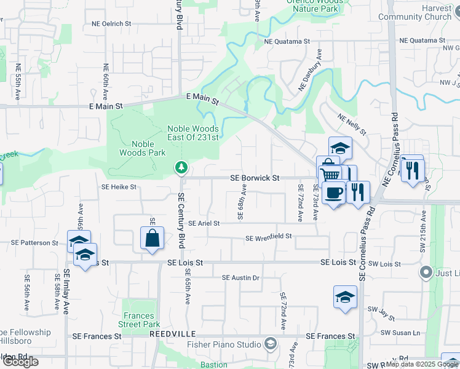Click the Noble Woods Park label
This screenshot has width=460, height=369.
(x=135, y=148)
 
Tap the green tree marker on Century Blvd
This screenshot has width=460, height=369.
(x=181, y=167)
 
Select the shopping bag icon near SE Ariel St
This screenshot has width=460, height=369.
(x=152, y=238)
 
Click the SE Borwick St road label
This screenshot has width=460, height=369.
(x=255, y=178)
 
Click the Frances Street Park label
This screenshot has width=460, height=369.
(x=139, y=320)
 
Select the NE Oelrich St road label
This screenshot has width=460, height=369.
(x=111, y=23)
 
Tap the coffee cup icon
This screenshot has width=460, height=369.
(x=333, y=193)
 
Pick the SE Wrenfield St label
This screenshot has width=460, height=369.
(x=268, y=237)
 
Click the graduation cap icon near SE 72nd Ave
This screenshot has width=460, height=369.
(x=345, y=297)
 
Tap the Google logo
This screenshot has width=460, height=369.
(x=21, y=361)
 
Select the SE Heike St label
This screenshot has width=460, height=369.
(x=119, y=186)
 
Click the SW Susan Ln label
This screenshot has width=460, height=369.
(x=400, y=332)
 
